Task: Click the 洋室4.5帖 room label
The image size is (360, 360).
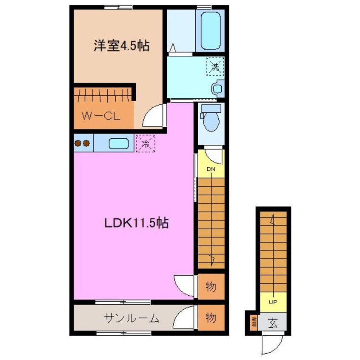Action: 121,46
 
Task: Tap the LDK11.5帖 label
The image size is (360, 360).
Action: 137,223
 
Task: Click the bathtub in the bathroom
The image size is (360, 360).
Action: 210,31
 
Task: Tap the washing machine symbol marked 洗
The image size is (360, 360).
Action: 215,66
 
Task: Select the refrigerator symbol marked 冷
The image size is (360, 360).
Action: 145,143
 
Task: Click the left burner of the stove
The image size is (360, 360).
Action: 78,143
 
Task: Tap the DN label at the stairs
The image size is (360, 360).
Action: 211,169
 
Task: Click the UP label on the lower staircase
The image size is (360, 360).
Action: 273,303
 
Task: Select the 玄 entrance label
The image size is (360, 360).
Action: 273,323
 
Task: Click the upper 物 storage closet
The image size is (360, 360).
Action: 211,286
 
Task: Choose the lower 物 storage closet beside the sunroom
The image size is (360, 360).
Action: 211,318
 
